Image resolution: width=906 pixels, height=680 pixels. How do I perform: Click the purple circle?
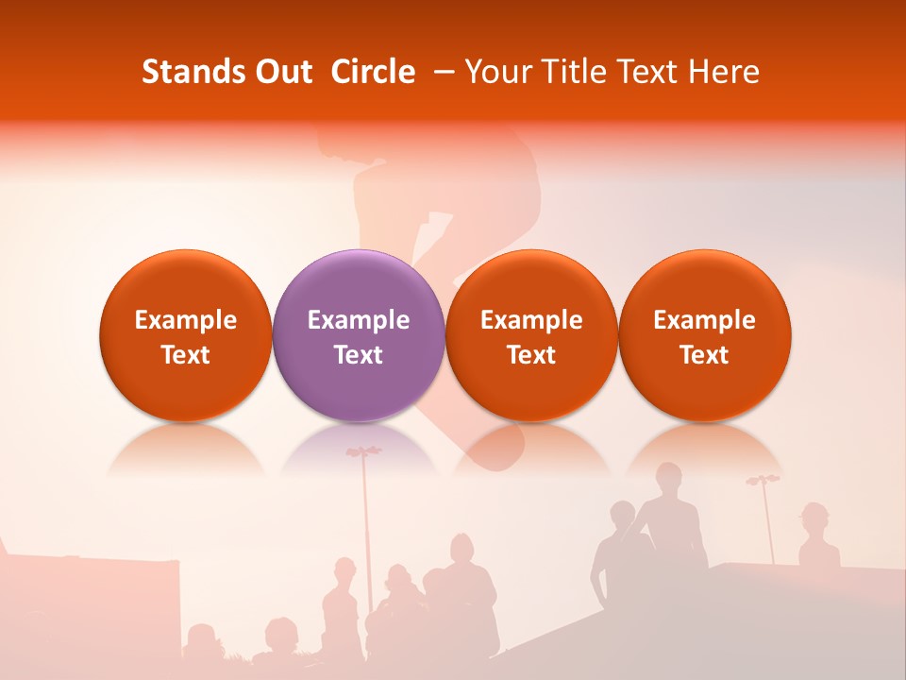(x=358, y=335)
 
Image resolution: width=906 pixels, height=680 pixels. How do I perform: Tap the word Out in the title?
(x=281, y=72)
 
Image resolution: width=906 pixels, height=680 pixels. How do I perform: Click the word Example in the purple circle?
(x=359, y=320)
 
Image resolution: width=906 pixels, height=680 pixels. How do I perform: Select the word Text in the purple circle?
(x=359, y=355)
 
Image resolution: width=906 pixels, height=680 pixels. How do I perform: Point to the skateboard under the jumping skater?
(x=495, y=450)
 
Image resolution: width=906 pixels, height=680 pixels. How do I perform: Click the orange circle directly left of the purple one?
(x=185, y=335)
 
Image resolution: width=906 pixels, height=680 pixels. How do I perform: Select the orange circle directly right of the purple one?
(x=531, y=335)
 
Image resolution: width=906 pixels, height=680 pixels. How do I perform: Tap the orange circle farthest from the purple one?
(x=704, y=335)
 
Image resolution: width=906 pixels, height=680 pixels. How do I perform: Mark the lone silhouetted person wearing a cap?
(x=814, y=518)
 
